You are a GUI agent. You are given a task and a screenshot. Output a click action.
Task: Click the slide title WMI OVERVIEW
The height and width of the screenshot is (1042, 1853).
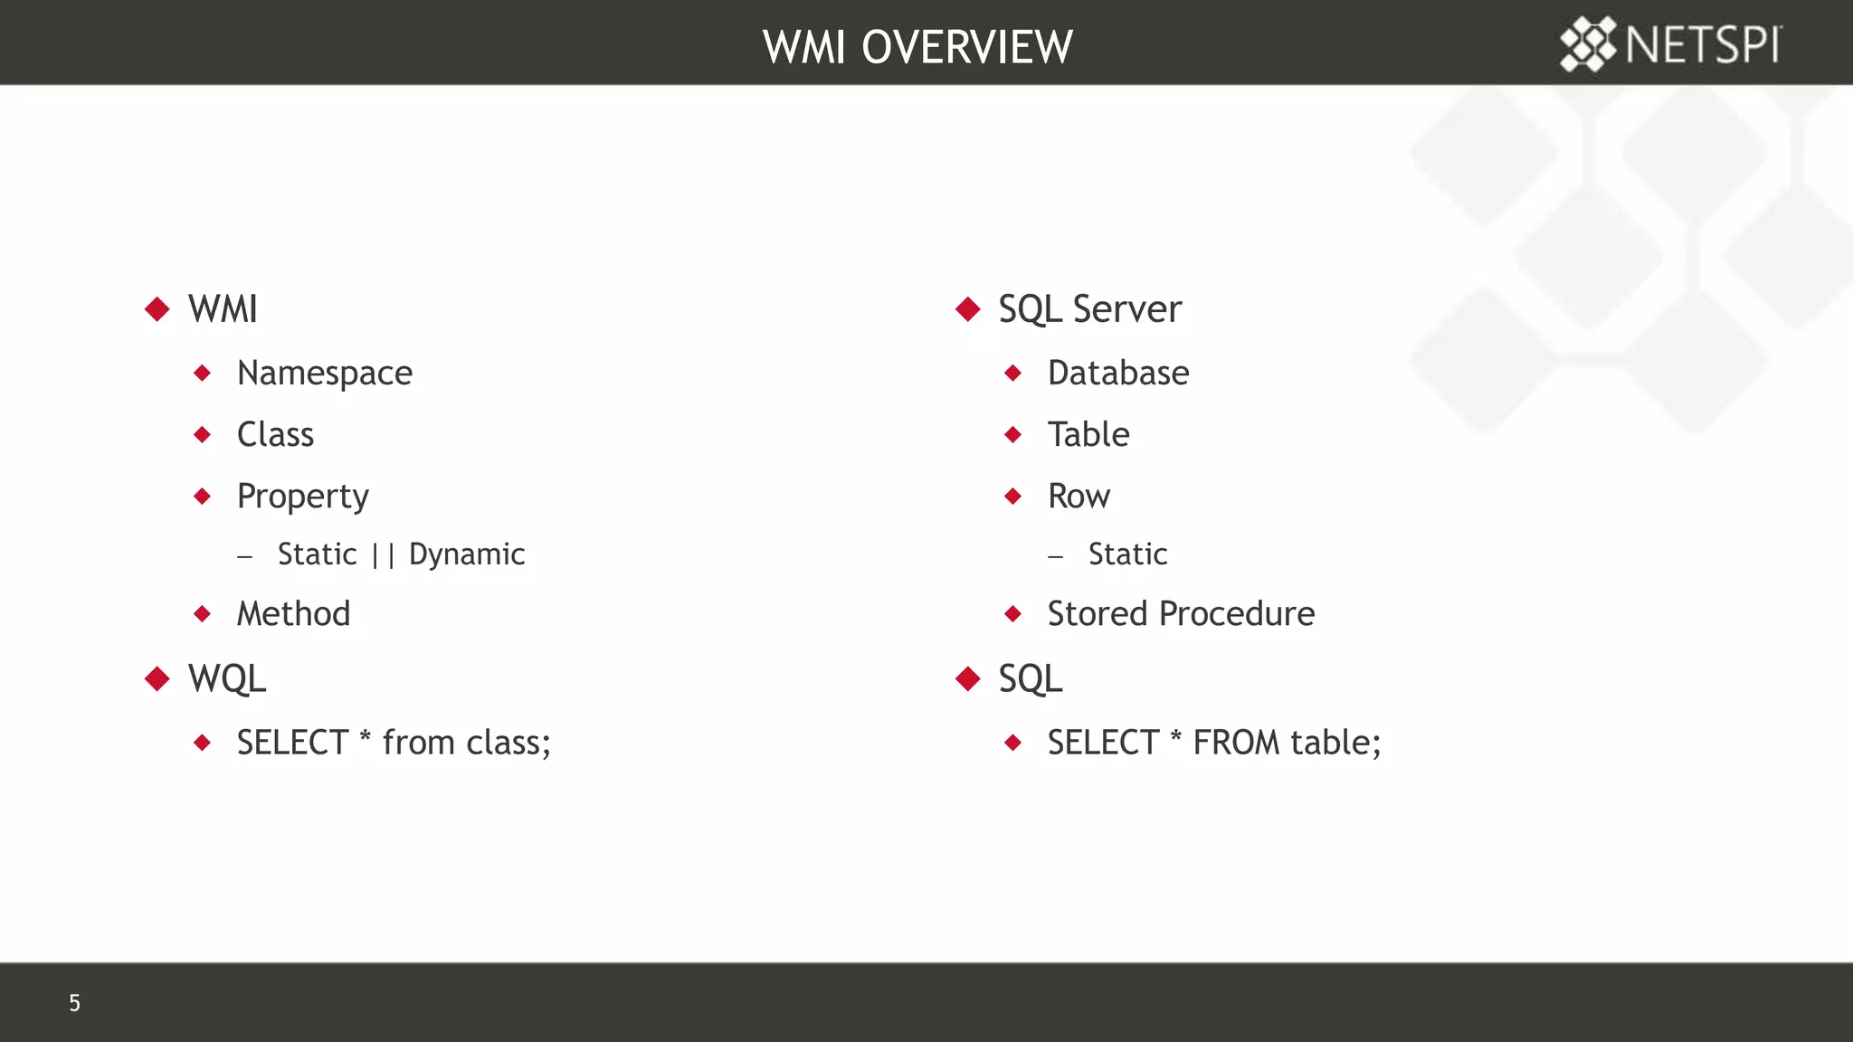click(917, 47)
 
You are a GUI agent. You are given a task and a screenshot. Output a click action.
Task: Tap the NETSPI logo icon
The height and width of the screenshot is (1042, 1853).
click(1588, 43)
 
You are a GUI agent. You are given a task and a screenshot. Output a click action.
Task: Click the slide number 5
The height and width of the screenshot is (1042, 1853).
click(74, 1003)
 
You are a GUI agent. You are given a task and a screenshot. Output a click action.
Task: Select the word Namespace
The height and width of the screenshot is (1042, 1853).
click(324, 374)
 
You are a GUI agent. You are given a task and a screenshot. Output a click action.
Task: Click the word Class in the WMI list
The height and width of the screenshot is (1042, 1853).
click(275, 435)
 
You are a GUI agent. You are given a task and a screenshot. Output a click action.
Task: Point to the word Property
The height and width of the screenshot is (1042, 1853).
click(302, 497)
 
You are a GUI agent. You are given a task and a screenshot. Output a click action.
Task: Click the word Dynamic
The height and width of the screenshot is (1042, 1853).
click(467, 554)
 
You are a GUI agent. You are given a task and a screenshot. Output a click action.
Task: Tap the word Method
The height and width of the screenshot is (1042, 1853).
click(293, 614)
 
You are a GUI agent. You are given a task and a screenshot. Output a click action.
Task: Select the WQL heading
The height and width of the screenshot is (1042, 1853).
click(226, 679)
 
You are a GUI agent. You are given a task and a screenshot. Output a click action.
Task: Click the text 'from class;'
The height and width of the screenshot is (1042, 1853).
click(466, 743)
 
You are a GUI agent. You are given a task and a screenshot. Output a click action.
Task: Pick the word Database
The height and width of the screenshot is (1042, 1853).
click(1118, 374)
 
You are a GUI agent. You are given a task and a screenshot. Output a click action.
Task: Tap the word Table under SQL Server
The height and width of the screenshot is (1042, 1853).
click(1088, 435)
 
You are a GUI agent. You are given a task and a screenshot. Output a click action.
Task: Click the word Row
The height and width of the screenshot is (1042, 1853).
click(1079, 497)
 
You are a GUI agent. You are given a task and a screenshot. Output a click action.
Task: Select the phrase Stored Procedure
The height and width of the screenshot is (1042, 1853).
click(1181, 614)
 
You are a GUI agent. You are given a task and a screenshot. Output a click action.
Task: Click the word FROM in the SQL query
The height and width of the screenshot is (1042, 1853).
click(1236, 743)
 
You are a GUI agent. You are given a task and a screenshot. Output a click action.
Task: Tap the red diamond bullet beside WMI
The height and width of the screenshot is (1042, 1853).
click(157, 309)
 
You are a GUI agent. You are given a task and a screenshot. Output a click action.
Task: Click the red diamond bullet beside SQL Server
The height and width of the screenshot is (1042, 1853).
click(968, 309)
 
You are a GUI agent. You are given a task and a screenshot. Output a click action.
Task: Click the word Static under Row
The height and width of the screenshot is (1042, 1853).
click(1127, 554)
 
